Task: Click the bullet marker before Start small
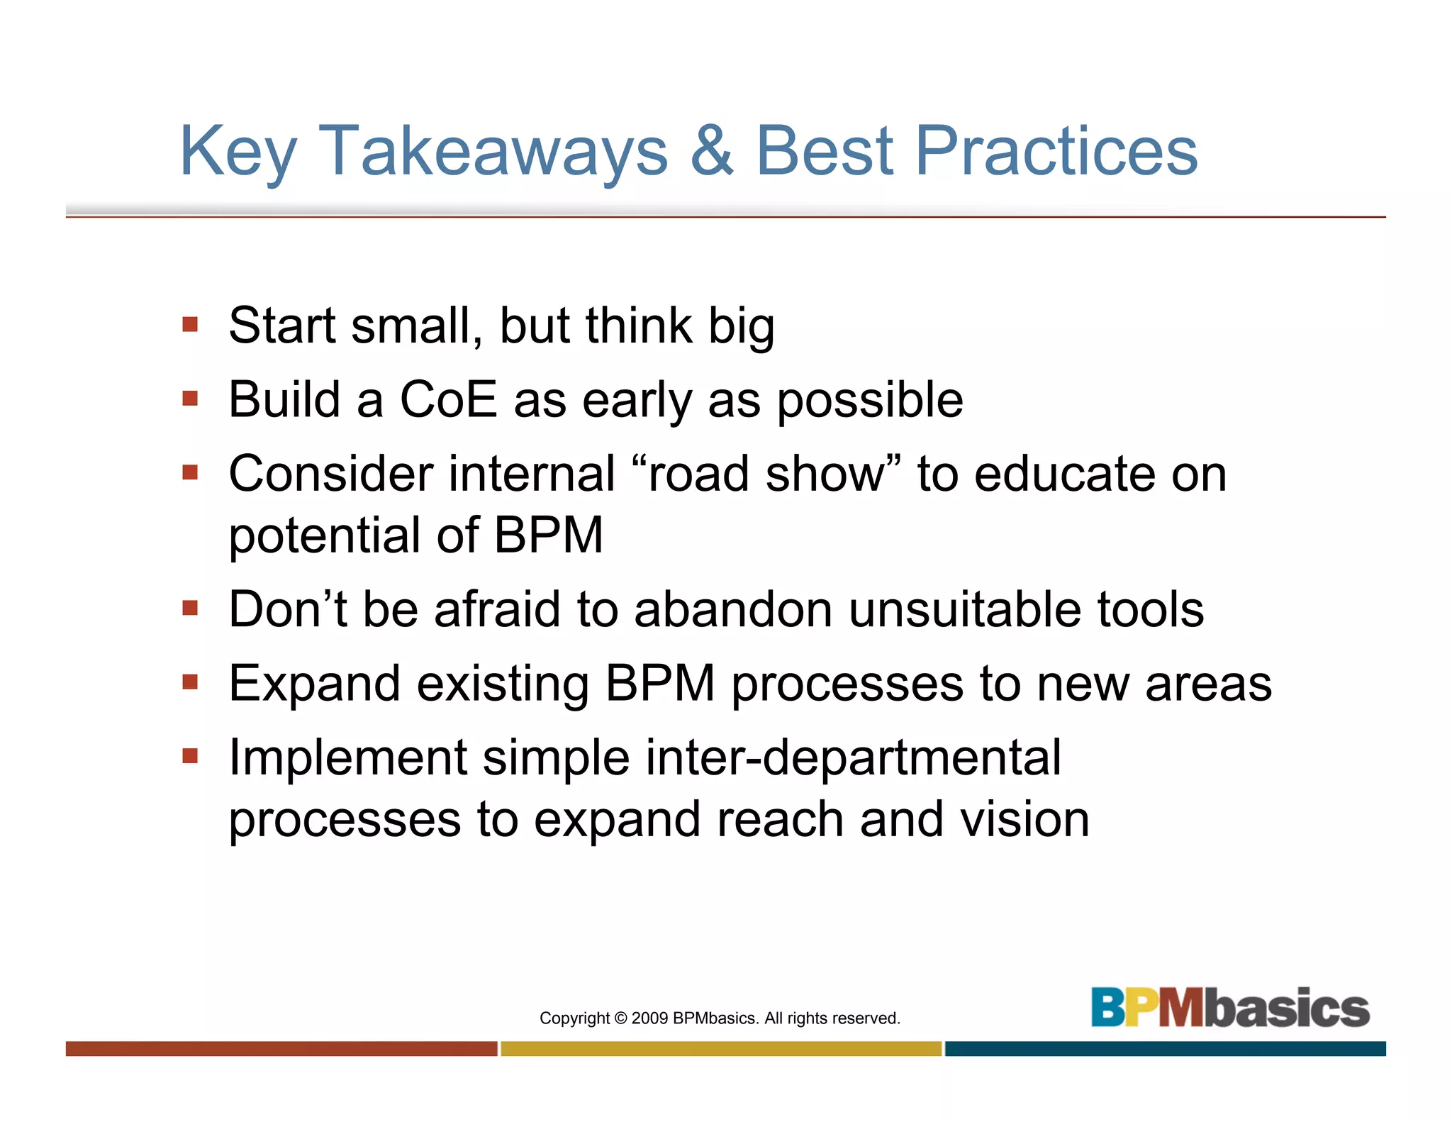click(189, 325)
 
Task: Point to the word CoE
click(448, 399)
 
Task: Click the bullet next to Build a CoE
click(189, 399)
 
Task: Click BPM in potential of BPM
click(548, 535)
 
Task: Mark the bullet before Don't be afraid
click(189, 609)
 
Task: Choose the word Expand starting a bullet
click(314, 684)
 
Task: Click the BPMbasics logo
click(1229, 1008)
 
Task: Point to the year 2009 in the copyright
click(649, 1018)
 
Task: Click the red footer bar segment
click(281, 1049)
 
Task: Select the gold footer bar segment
click(721, 1049)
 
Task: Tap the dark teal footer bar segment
click(1165, 1049)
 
